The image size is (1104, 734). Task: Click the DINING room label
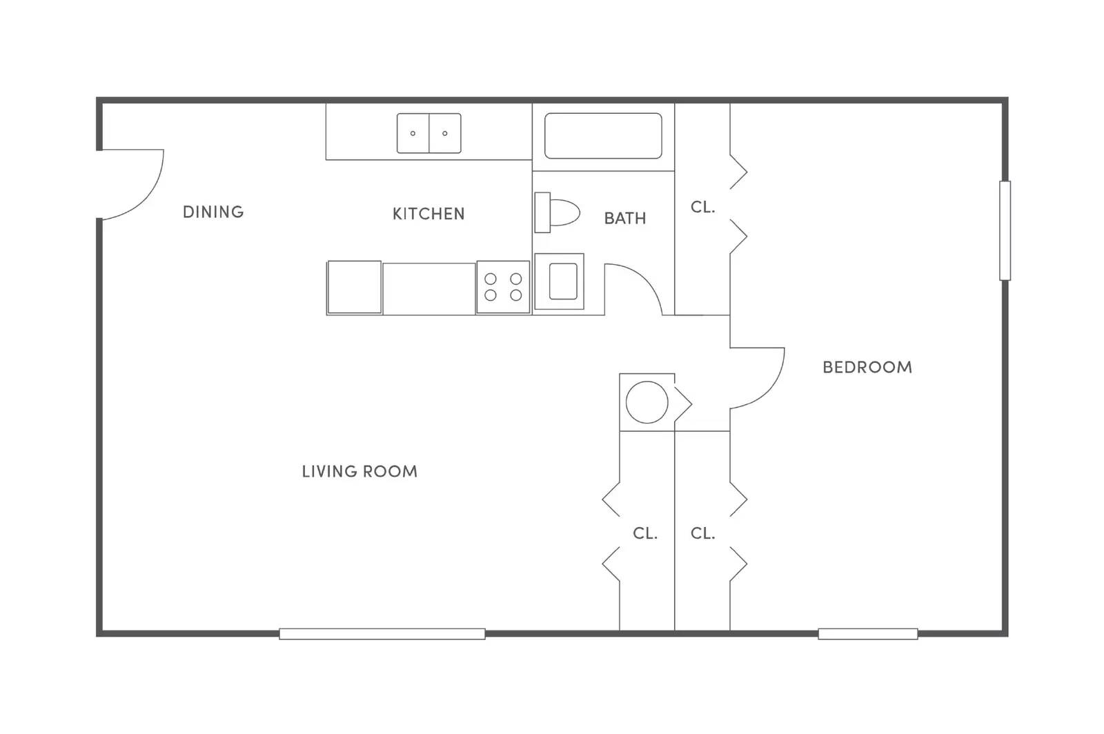coord(213,212)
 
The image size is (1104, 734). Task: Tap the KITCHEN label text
coord(428,214)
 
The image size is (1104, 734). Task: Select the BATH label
coord(624,218)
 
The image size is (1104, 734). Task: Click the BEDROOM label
coord(867,367)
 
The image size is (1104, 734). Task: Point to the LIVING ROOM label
coord(359,471)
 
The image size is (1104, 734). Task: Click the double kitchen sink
coord(428,133)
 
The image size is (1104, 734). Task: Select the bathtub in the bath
coord(602,136)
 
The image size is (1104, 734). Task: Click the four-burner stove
coord(503,287)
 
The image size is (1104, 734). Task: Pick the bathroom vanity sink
coord(560,281)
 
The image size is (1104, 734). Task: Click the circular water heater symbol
coord(647,402)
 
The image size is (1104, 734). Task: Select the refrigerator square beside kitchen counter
coord(354,287)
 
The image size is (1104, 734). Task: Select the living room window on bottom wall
coord(382,633)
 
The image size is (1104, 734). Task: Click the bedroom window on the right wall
coord(1005,230)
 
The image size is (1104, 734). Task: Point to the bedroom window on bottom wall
coord(867,633)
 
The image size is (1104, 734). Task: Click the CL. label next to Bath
coord(702,207)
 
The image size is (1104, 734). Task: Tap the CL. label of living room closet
coord(644,533)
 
